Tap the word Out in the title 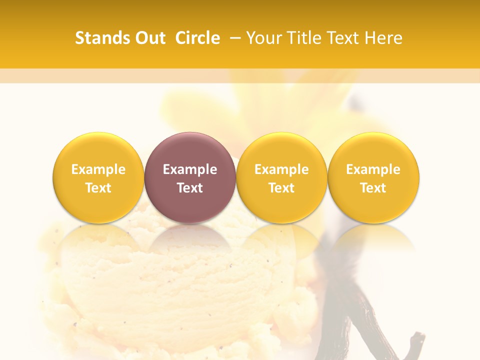click(x=149, y=38)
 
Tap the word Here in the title click(x=383, y=38)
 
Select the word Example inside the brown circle click(x=190, y=169)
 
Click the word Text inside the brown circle click(x=190, y=188)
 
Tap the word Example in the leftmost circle click(x=98, y=169)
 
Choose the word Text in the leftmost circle click(x=98, y=188)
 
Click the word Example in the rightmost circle click(x=373, y=169)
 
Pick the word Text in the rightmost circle click(x=373, y=188)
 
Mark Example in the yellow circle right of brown click(x=281, y=169)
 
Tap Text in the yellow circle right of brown click(x=281, y=188)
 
